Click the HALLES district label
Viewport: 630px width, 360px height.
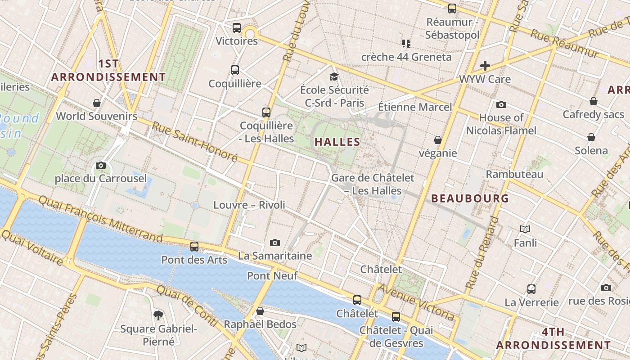(337, 142)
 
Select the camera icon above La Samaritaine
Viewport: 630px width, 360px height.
(275, 243)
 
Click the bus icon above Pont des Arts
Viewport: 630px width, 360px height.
(194, 247)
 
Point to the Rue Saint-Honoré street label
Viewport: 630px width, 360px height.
(194, 141)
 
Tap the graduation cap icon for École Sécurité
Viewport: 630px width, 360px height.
(334, 76)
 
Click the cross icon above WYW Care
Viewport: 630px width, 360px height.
(485, 66)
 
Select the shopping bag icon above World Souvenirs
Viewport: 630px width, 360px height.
(96, 103)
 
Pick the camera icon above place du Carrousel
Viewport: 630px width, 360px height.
(101, 165)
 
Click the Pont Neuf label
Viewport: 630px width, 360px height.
(272, 275)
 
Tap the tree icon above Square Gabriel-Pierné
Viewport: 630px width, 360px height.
(158, 315)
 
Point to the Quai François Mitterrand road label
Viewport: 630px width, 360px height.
(100, 218)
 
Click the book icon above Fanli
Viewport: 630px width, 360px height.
(525, 229)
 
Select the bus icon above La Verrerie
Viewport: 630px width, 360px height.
(531, 289)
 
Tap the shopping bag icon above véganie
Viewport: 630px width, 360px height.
(437, 140)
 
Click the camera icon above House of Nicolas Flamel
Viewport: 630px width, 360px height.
(501, 105)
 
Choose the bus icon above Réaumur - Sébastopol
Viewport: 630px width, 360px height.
(452, 8)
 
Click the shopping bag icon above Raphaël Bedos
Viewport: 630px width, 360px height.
(260, 311)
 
